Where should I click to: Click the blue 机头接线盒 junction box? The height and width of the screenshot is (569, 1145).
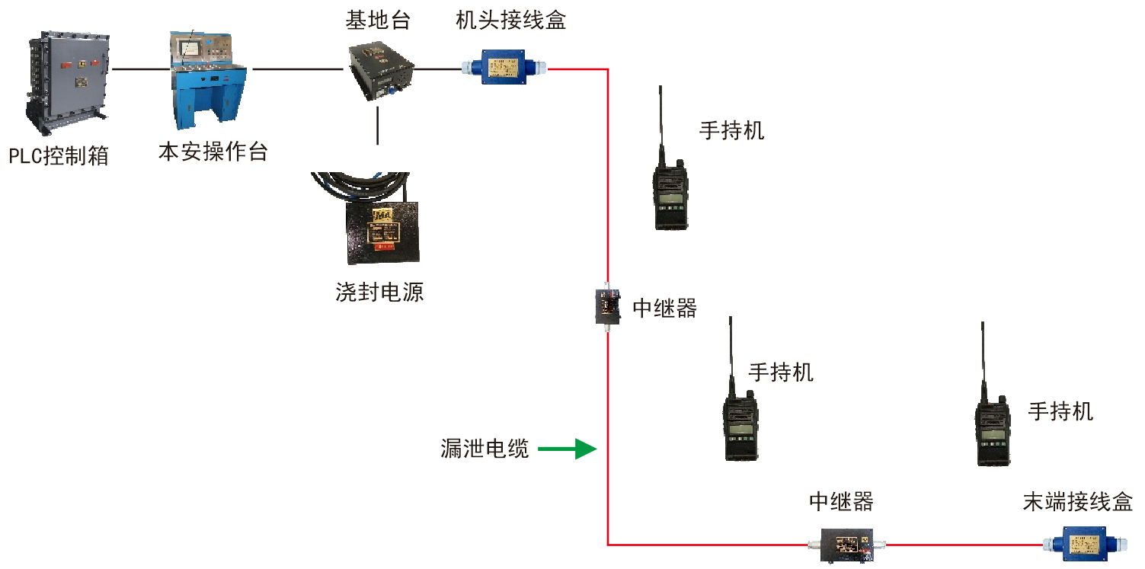504,68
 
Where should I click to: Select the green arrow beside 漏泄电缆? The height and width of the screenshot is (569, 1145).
567,449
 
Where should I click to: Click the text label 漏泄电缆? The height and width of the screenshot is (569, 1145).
485,449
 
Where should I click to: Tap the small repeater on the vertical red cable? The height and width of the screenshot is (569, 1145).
607,305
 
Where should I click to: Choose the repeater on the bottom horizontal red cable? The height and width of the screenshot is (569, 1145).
848,545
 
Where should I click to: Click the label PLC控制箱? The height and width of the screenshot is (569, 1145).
59,157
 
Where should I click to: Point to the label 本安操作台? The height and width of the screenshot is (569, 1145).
213,152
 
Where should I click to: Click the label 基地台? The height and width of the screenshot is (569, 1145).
378,21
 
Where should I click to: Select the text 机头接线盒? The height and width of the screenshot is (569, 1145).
510,21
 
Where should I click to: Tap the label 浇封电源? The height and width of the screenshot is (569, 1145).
379,292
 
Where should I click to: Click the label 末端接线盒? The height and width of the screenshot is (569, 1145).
1077,502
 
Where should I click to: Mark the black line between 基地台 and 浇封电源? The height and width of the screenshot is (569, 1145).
378,126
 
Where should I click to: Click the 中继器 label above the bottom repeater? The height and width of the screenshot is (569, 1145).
841,502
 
